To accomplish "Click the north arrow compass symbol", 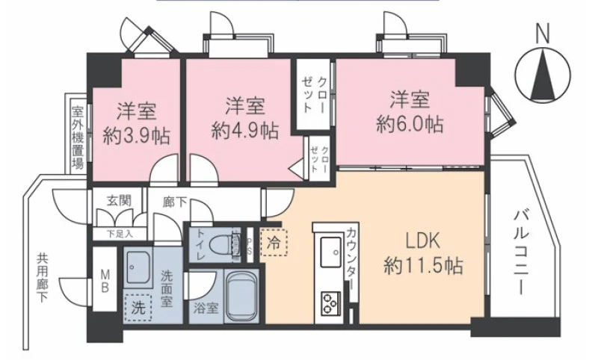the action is coord(543,75).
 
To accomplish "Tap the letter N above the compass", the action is coord(543,34).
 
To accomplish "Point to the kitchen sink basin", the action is coord(330,252).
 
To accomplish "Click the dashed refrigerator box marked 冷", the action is coord(274,242).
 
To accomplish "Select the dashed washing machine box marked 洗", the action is coord(138,308).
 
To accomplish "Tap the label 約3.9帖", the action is coord(137,136).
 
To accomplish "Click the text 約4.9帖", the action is coord(245,131).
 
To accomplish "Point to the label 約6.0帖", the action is coord(410,124).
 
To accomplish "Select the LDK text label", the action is coord(422,241).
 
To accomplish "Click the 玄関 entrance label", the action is coord(120,200).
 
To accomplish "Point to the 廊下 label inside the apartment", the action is coord(175,202).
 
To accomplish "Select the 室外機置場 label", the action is coord(78,138).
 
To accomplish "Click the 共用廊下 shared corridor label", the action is coord(42,279).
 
